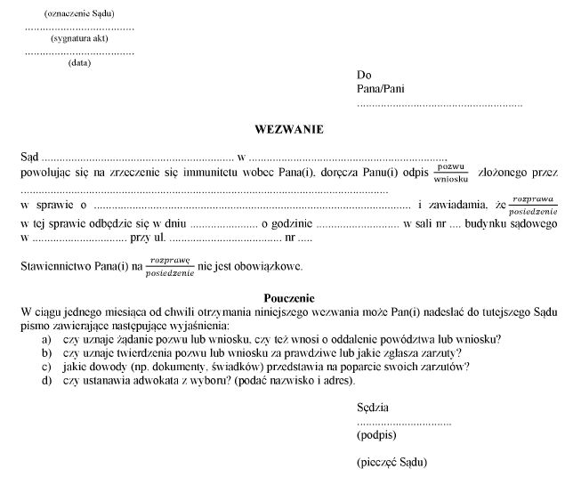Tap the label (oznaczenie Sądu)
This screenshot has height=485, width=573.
click(x=79, y=13)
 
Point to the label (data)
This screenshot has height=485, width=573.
click(x=79, y=63)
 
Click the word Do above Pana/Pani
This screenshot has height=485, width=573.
click(x=364, y=76)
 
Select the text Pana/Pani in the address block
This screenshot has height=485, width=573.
click(x=378, y=90)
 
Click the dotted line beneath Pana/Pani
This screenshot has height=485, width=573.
click(x=439, y=105)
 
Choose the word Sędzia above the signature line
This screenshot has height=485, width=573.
click(x=373, y=408)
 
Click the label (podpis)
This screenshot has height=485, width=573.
click(x=376, y=436)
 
